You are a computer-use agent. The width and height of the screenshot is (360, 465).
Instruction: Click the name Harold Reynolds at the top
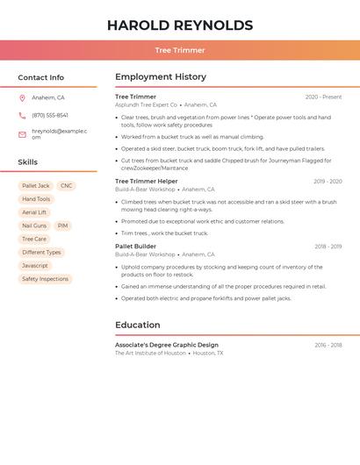pyautogui.click(x=179, y=25)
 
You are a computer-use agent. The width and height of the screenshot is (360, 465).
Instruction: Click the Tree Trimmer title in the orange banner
pyautogui.click(x=179, y=51)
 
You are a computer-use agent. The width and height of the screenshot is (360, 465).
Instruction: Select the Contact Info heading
pyautogui.click(x=41, y=77)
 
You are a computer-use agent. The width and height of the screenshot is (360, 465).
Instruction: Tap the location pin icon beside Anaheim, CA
pyautogui.click(x=22, y=98)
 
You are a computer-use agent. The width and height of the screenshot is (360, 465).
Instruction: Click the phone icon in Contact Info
pyautogui.click(x=22, y=116)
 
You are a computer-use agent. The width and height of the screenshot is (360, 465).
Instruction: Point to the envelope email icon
pyautogui.click(x=22, y=134)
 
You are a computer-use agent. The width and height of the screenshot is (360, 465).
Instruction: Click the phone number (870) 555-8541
pyautogui.click(x=50, y=116)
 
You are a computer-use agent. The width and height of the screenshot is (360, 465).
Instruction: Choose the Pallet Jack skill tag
pyautogui.click(x=36, y=186)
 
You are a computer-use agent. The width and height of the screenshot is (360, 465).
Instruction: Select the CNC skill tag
pyautogui.click(x=67, y=186)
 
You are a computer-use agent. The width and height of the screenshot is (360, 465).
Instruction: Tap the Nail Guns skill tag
pyautogui.click(x=34, y=225)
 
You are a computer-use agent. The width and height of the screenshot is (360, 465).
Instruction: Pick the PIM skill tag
pyautogui.click(x=62, y=225)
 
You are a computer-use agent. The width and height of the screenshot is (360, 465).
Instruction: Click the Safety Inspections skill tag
pyautogui.click(x=45, y=279)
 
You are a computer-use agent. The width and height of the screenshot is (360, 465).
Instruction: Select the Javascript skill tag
pyautogui.click(x=35, y=266)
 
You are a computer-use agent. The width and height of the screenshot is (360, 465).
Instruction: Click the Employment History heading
pyautogui.click(x=161, y=77)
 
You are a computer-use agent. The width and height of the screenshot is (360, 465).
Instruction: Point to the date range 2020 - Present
pyautogui.click(x=323, y=97)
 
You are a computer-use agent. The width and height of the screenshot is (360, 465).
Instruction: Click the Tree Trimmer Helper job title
pyautogui.click(x=147, y=182)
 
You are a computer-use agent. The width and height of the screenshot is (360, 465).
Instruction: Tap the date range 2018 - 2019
pyautogui.click(x=328, y=247)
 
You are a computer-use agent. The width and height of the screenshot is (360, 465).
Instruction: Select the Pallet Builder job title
pyautogui.click(x=136, y=247)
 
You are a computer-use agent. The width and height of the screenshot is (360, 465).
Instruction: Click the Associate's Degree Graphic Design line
pyautogui.click(x=167, y=345)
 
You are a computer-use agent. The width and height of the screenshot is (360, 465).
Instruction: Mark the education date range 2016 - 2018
pyautogui.click(x=328, y=346)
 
